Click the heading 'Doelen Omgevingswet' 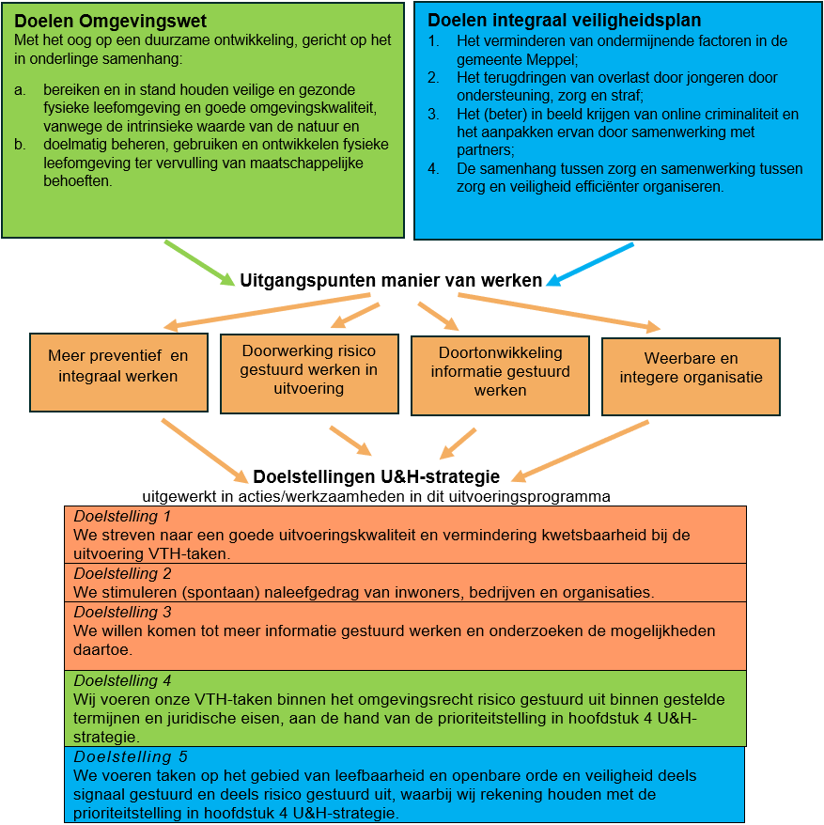112,21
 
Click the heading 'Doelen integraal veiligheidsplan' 564,20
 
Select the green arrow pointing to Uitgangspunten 199,263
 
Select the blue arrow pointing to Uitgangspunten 591,263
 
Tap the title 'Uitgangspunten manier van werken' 391,280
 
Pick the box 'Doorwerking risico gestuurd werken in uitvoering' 309,370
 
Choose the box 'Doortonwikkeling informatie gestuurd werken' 500,372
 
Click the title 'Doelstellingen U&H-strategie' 376,476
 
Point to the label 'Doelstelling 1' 122,517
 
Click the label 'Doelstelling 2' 122,573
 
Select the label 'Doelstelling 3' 122,612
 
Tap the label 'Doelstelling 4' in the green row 122,680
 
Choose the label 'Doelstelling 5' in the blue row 123,756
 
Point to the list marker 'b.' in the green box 21,145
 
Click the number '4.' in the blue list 433,169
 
